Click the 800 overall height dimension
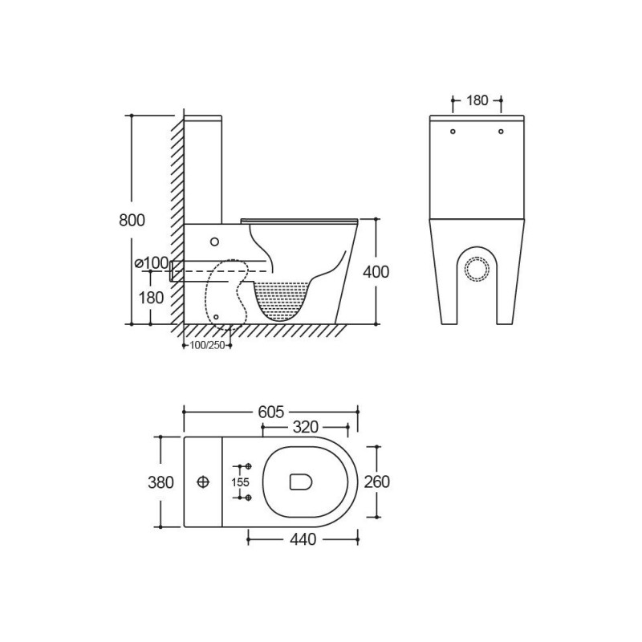click(x=132, y=220)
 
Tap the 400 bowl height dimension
click(x=376, y=272)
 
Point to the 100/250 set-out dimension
click(x=206, y=345)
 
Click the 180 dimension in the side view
click(x=150, y=298)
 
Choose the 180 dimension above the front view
click(x=477, y=100)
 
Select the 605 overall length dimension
click(x=271, y=412)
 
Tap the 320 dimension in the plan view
click(x=305, y=428)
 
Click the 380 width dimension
click(x=160, y=482)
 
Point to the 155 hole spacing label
click(x=240, y=482)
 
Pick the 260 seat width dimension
click(x=376, y=481)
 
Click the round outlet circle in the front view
click(x=477, y=269)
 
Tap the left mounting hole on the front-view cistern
click(x=453, y=132)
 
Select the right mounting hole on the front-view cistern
click(x=501, y=132)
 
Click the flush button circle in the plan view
click(x=203, y=482)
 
